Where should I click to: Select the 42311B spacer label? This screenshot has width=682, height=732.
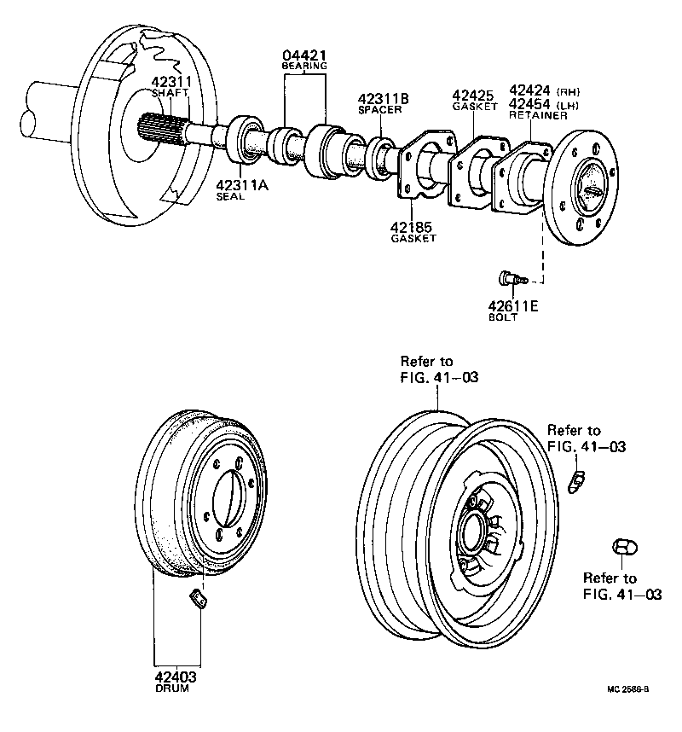pyautogui.click(x=383, y=99)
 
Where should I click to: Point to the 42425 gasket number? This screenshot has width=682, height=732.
pyautogui.click(x=473, y=95)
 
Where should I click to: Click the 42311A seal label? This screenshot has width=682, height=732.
pyautogui.click(x=241, y=184)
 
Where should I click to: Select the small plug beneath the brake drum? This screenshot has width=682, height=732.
pyautogui.click(x=197, y=599)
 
